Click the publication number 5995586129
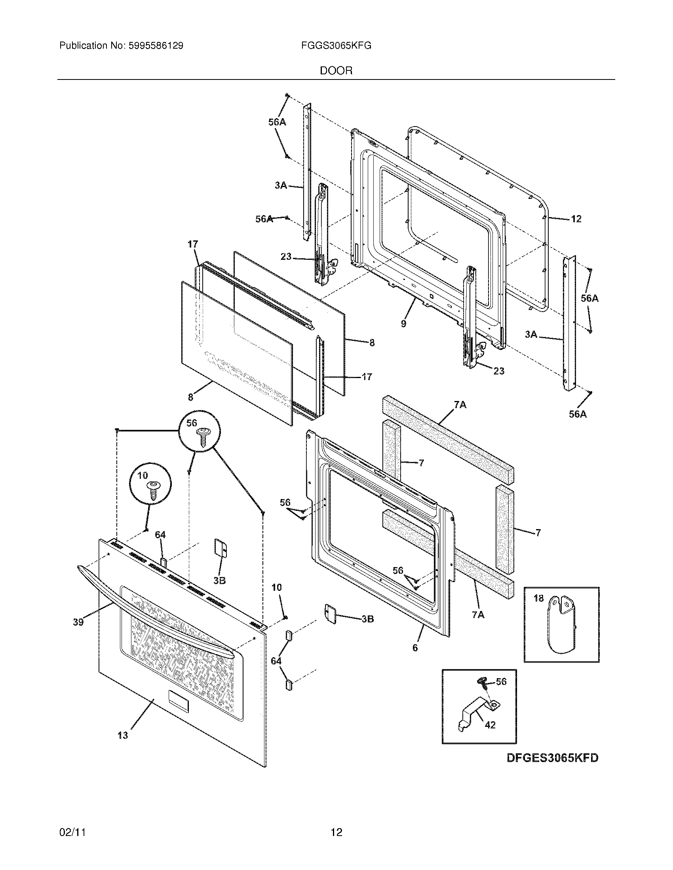pyautogui.click(x=156, y=46)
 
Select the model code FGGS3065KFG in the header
pyautogui.click(x=336, y=46)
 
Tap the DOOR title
pyautogui.click(x=336, y=71)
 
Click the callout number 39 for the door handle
pyautogui.click(x=78, y=622)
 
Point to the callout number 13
pyautogui.click(x=123, y=735)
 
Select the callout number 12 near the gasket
pyautogui.click(x=576, y=219)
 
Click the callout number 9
pyautogui.click(x=403, y=323)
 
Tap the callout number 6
pyautogui.click(x=415, y=648)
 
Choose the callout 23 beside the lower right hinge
pyautogui.click(x=499, y=371)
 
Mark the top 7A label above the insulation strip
pyautogui.click(x=460, y=405)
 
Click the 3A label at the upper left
pyautogui.click(x=281, y=185)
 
